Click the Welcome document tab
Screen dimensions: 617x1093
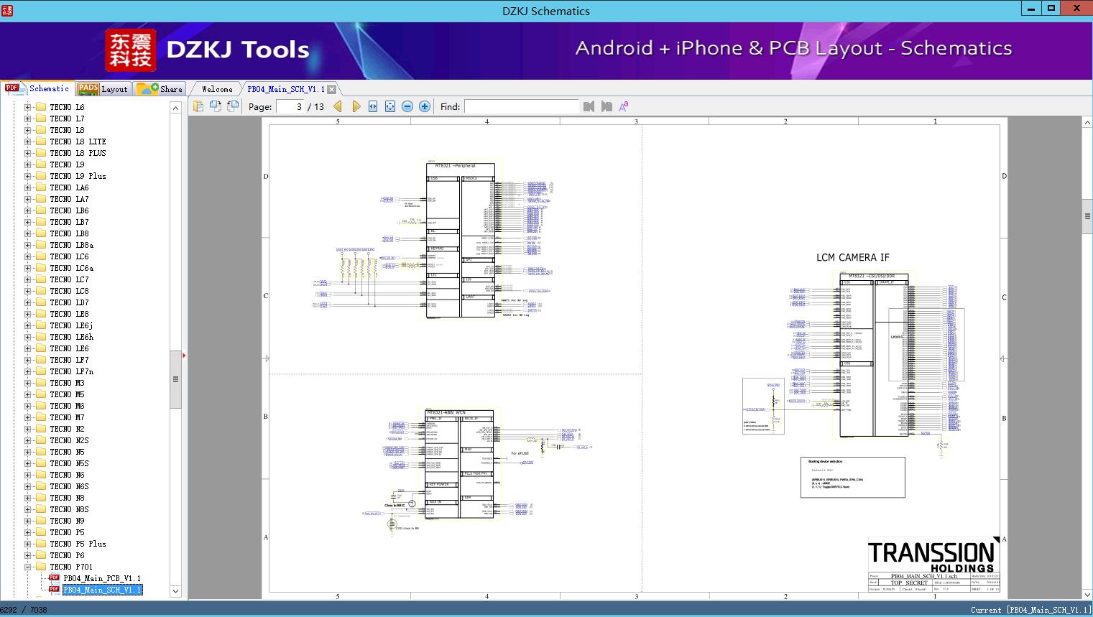(217, 89)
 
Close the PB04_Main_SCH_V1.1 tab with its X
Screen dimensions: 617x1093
(332, 90)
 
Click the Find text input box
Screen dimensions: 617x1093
(521, 106)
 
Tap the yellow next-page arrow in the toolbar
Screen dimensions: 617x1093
(356, 106)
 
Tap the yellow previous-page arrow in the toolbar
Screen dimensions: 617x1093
(338, 106)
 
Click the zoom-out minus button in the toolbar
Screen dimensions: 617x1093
(407, 106)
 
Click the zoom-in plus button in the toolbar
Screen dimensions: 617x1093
(425, 106)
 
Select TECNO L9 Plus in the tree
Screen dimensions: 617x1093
(78, 176)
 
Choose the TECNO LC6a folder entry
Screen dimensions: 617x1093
(71, 268)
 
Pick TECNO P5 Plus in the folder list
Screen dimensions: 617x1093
(78, 544)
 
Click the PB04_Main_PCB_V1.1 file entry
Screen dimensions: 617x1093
(101, 578)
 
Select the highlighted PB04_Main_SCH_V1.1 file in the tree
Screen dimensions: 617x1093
(101, 590)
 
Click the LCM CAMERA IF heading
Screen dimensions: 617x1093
(852, 257)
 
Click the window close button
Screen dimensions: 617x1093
(1076, 9)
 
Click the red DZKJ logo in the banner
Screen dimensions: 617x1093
(131, 50)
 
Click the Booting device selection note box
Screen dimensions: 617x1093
(852, 477)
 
